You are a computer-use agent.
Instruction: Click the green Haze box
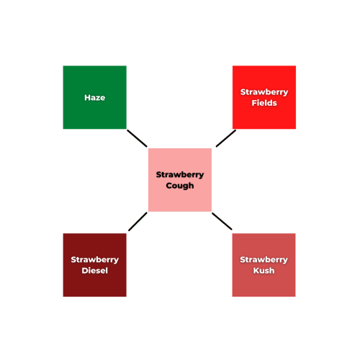coord(95,97)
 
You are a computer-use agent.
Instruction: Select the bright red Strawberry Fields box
coord(264,97)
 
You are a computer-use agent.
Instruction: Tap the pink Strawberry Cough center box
coord(180,180)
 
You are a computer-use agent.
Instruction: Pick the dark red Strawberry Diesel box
coord(95,265)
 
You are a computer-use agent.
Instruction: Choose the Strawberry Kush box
coord(264,265)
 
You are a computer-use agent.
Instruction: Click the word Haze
coord(95,97)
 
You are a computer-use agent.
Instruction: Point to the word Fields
coord(264,103)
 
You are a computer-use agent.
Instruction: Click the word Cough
coord(180,186)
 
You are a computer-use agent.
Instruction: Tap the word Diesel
coord(95,271)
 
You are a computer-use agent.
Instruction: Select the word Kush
coord(264,271)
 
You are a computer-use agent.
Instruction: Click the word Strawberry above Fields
coord(264,92)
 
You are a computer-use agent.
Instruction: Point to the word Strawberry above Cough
coord(180,175)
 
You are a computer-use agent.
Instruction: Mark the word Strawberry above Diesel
coord(95,260)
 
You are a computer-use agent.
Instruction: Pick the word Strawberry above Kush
coord(264,260)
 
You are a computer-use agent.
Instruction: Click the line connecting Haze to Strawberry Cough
coord(137,138)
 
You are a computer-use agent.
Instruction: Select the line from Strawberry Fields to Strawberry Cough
coord(226,138)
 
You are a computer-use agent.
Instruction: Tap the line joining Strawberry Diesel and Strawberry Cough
coord(138,222)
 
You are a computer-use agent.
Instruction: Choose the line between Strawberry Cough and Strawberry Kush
coord(222,221)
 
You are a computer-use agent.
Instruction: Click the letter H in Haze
coord(87,97)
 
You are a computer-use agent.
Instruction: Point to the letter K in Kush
coord(256,271)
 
